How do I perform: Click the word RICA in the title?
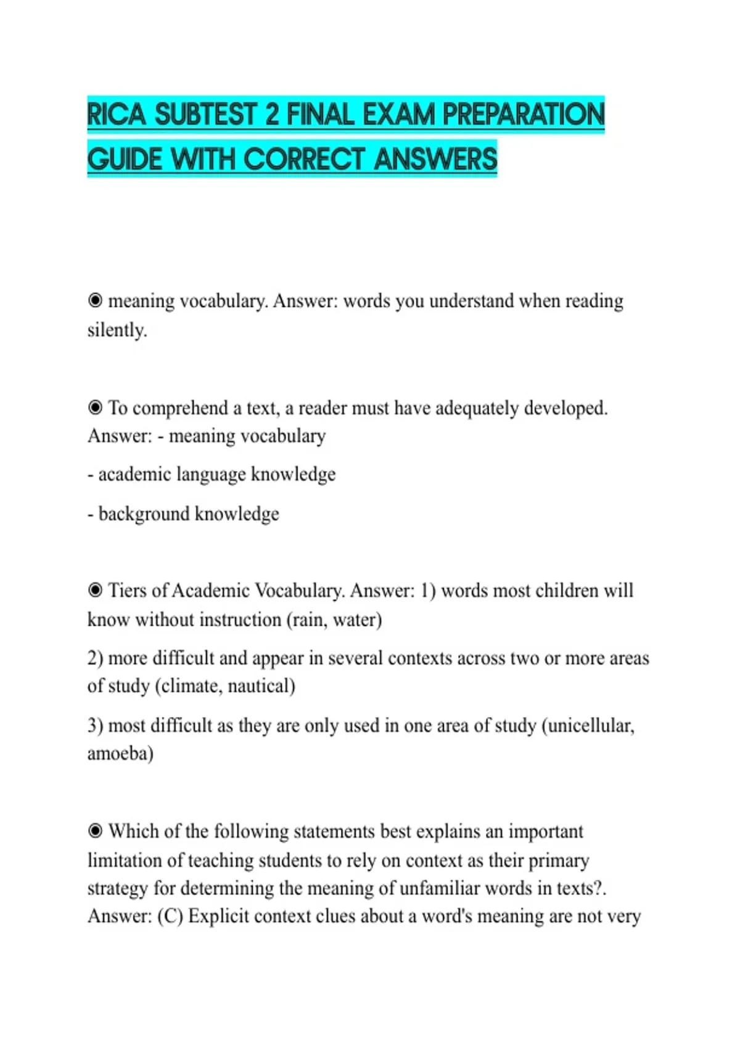[x=116, y=115]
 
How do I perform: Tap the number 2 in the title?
[x=272, y=115]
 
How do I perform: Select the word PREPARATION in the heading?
[x=524, y=115]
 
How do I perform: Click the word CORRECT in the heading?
[x=305, y=160]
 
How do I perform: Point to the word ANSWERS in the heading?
[x=435, y=160]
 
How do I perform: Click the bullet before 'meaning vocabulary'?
[x=95, y=301]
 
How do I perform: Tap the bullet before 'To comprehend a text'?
[x=95, y=407]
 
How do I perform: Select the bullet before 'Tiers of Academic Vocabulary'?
[x=95, y=591]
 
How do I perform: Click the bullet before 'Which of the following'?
[x=95, y=831]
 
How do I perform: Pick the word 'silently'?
[x=116, y=330]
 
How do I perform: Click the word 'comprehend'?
[x=180, y=408]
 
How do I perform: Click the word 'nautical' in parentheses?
[x=259, y=686]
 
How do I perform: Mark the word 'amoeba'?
[x=118, y=753]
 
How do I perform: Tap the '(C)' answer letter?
[x=170, y=916]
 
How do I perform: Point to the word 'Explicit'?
[x=218, y=916]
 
